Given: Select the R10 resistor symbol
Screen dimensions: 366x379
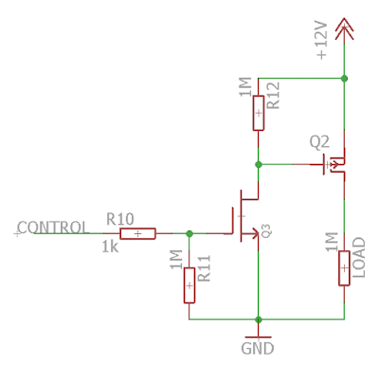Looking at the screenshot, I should (138, 233).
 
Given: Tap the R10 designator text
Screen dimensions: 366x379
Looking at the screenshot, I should (120, 219).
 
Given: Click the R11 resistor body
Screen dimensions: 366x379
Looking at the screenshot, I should (189, 283).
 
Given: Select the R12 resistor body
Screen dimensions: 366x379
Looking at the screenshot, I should (258, 116).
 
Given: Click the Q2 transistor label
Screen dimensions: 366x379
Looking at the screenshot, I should (319, 141).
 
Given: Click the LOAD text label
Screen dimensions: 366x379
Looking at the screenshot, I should (359, 257).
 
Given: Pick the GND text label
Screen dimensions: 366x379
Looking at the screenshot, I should (258, 348).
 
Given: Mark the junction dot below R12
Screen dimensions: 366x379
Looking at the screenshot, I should (258, 163).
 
